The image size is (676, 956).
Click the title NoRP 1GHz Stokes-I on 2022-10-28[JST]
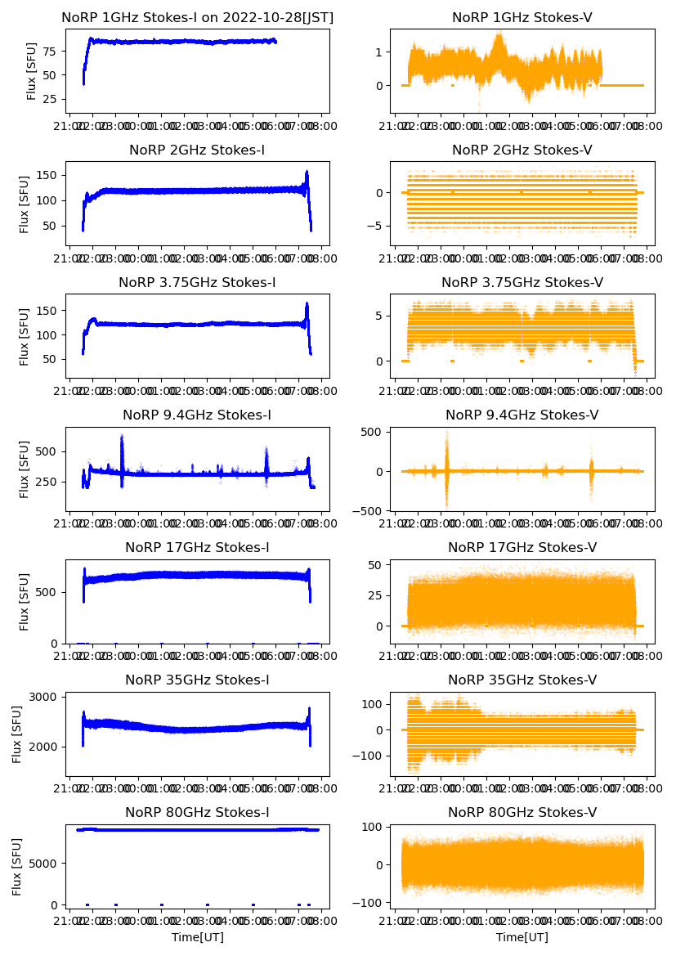click(198, 17)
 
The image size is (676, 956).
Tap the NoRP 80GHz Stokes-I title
click(197, 812)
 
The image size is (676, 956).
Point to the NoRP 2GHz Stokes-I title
click(197, 150)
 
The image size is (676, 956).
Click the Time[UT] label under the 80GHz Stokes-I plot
click(197, 937)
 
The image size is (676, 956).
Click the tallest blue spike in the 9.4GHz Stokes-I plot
click(122, 437)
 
